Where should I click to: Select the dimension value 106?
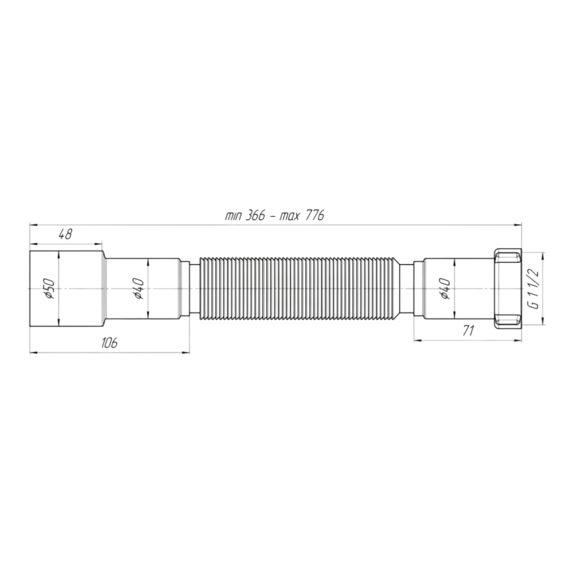click(109, 343)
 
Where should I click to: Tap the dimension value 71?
click(468, 331)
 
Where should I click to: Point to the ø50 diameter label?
click(49, 289)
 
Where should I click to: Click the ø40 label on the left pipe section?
click(139, 289)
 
